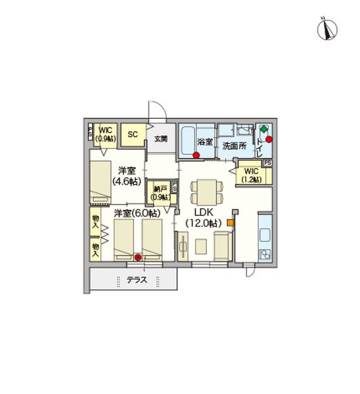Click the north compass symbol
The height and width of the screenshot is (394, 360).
(x=327, y=28)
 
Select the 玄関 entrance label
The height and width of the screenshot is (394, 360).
(x=161, y=139)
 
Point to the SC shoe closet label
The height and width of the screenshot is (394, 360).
(x=132, y=135)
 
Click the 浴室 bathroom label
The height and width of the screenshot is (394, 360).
(x=205, y=141)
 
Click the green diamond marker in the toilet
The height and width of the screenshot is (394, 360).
(x=263, y=129)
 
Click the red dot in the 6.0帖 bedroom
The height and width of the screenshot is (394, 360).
(x=137, y=257)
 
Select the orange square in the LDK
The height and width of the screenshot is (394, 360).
(x=230, y=223)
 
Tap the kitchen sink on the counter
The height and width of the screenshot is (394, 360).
(x=265, y=234)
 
